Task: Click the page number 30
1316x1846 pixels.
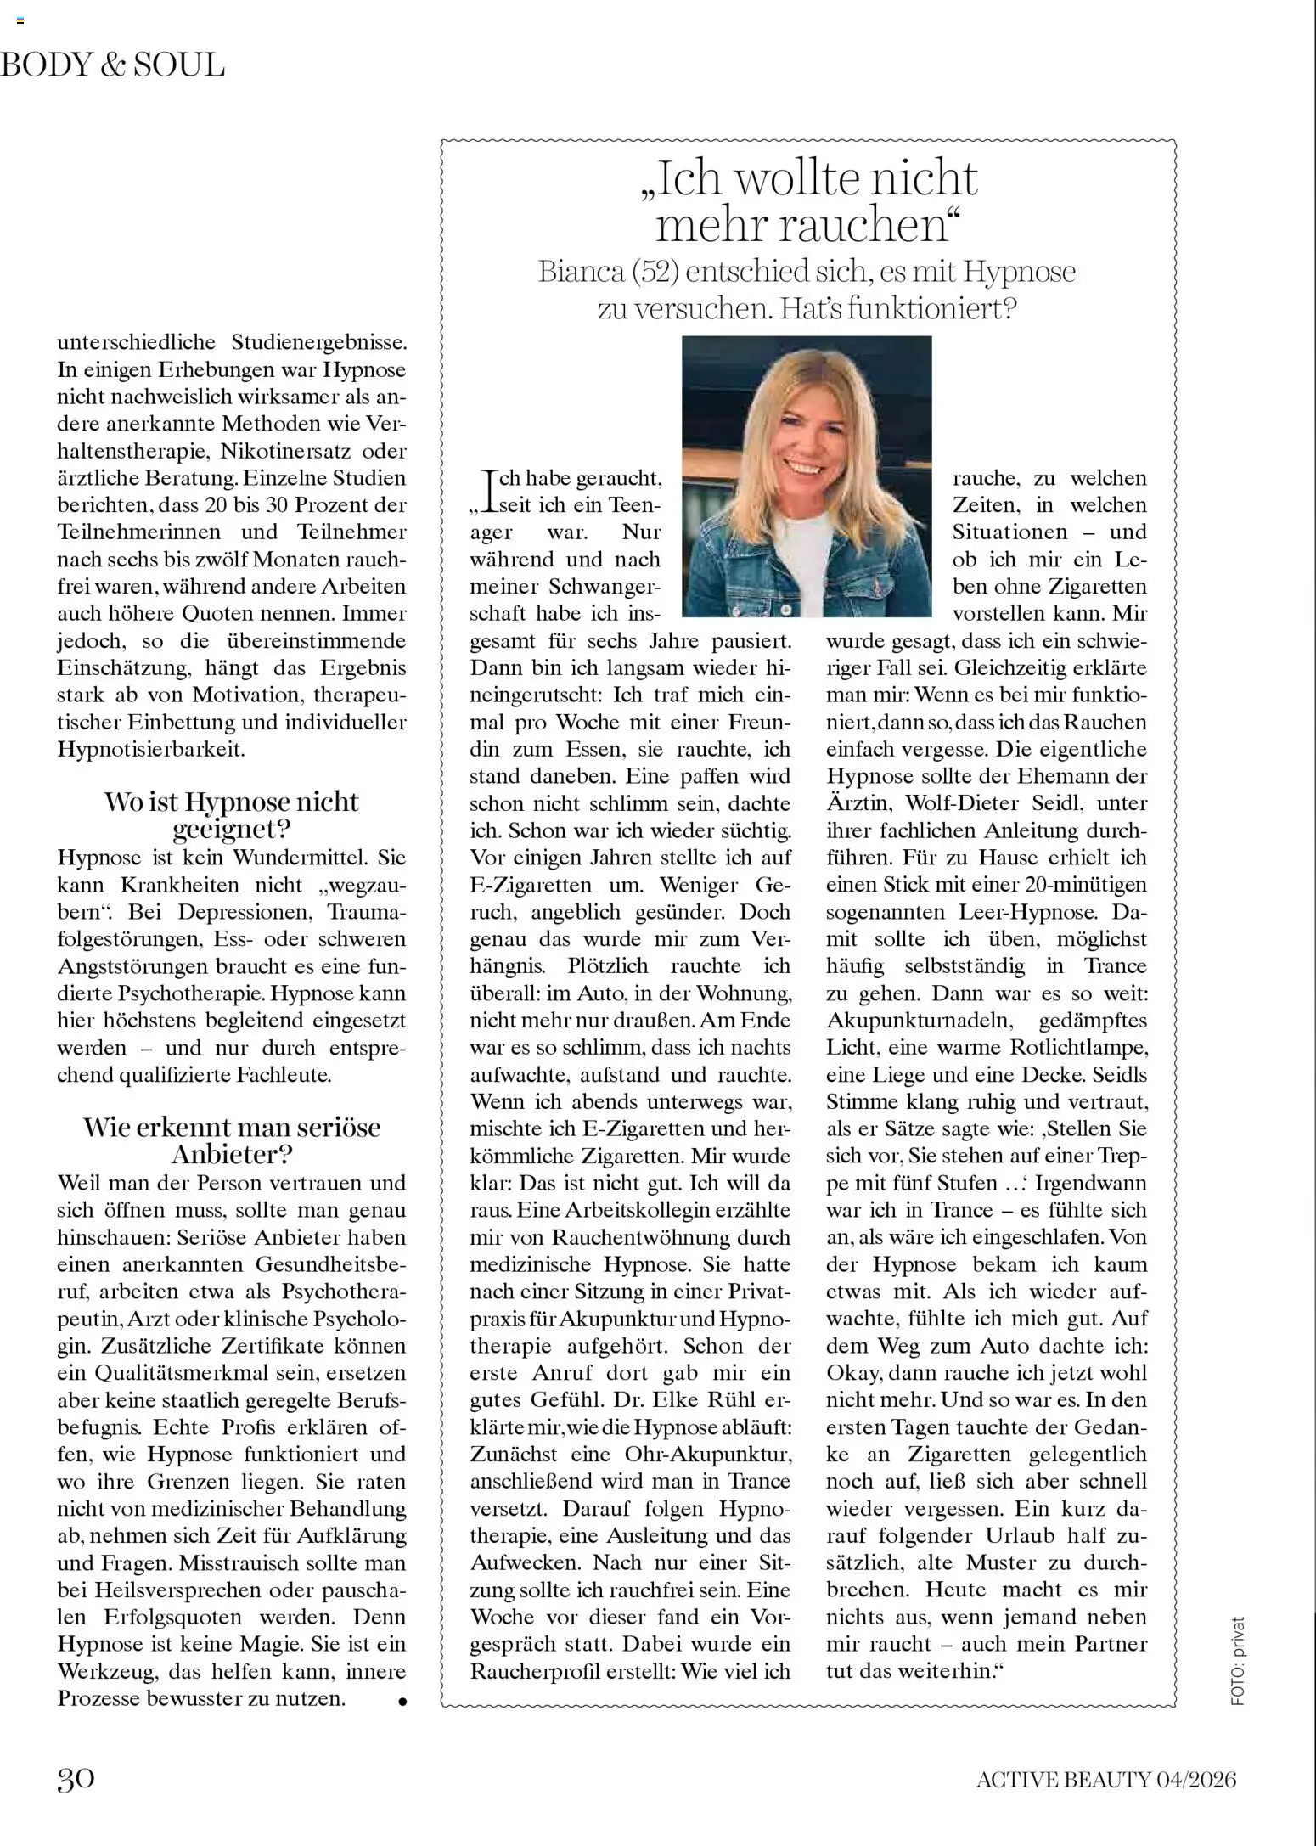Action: [76, 1778]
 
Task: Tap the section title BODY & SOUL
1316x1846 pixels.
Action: [113, 65]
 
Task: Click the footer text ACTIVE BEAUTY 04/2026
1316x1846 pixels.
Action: [1105, 1779]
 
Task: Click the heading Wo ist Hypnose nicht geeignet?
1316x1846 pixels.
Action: [231, 814]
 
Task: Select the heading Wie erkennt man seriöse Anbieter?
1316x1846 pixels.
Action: [231, 1140]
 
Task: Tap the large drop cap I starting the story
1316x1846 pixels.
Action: [487, 492]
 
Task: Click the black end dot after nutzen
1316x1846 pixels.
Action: [402, 1701]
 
